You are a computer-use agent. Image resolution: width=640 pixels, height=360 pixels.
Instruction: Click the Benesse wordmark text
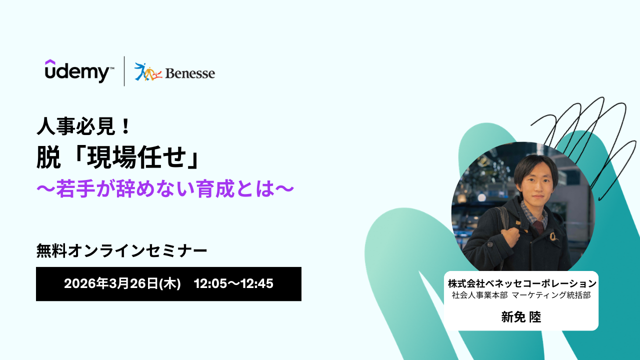[190, 73]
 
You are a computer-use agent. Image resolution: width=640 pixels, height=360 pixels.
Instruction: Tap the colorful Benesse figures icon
[147, 71]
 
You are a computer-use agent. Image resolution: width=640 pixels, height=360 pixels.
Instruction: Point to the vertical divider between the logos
[124, 71]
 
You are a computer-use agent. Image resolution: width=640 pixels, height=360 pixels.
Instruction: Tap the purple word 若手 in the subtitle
[75, 188]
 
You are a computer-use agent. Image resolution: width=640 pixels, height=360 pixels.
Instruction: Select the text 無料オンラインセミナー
[121, 250]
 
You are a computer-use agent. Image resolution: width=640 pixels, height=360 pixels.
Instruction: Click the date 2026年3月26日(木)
[122, 283]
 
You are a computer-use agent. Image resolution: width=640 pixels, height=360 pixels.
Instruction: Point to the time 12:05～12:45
[233, 283]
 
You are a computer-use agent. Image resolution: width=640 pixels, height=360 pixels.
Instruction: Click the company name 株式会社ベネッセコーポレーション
[522, 283]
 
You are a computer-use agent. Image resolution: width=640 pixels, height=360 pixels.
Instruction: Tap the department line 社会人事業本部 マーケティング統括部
[521, 295]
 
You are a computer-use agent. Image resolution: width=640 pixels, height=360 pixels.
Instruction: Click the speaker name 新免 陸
[521, 317]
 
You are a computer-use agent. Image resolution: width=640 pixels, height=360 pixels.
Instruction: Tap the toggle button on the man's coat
[553, 236]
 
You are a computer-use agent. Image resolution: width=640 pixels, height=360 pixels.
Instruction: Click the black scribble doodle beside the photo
[583, 143]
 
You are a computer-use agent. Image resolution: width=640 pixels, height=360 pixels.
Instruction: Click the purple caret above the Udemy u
[50, 62]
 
